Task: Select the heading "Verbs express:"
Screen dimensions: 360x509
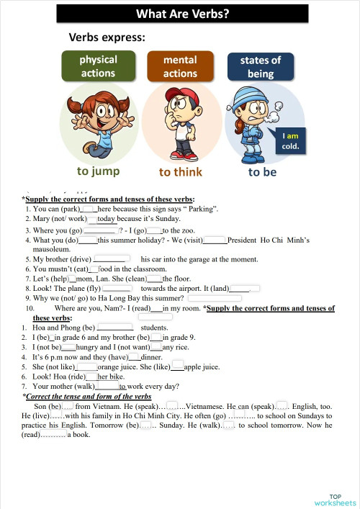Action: [107, 37]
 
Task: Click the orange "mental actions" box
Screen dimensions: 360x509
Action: [180, 67]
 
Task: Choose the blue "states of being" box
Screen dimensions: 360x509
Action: [261, 67]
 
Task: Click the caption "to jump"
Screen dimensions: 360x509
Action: [99, 171]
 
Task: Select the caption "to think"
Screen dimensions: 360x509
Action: [181, 172]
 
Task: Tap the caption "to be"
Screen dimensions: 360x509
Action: [262, 172]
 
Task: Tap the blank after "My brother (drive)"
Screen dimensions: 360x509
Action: [112, 258]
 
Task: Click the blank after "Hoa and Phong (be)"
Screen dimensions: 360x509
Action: [114, 327]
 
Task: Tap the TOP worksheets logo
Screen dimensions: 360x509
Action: [335, 499]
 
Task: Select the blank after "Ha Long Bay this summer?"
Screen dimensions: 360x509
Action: [214, 297]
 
